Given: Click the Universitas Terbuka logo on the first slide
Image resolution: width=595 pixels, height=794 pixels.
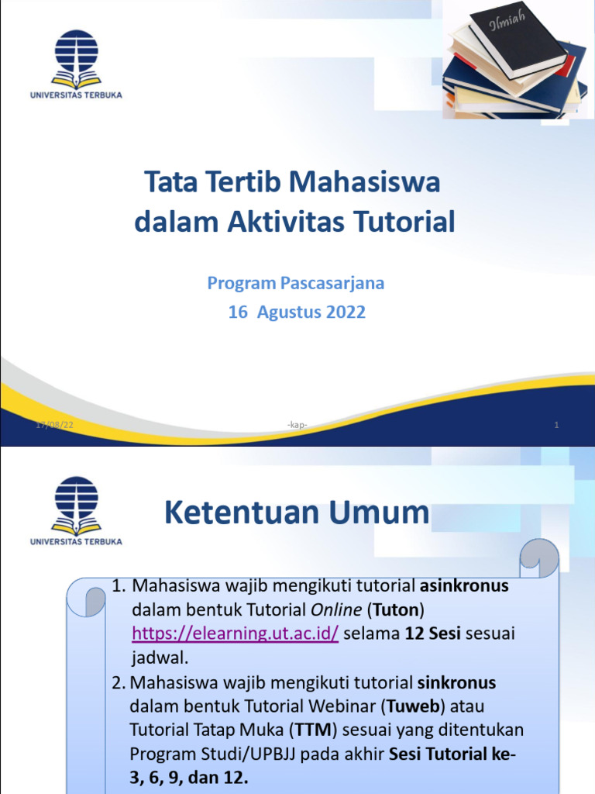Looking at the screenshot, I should point(76,62).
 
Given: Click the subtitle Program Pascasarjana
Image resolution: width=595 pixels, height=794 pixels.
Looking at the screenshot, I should point(295,283).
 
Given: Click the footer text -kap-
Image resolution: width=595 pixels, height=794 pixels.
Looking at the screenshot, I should point(297,424).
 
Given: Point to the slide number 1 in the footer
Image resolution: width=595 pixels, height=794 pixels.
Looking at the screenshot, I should point(556,424).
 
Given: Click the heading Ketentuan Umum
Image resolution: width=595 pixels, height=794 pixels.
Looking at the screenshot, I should point(297,513).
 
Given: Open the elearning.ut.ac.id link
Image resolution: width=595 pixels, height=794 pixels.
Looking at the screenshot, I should point(236,633).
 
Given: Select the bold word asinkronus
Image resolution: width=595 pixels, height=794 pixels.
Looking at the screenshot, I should point(464,585).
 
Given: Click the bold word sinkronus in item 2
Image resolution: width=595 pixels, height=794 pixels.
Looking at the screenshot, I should point(456,682).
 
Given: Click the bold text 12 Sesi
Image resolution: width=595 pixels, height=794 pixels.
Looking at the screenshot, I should point(432,633).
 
